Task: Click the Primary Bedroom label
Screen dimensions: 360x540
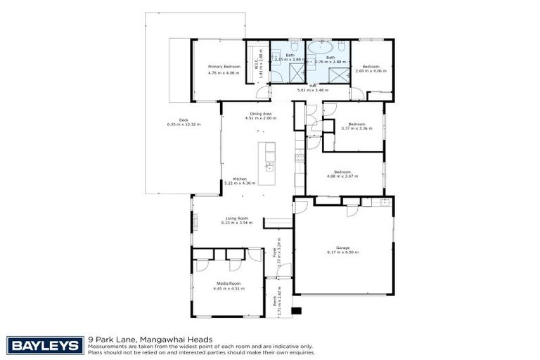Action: [x=224, y=66]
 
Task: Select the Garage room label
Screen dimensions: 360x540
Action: [x=342, y=247]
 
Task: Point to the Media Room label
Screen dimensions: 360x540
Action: [x=228, y=283]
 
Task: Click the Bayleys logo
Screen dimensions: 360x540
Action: [x=45, y=345]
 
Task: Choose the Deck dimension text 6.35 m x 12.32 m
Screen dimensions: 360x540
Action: [x=184, y=124]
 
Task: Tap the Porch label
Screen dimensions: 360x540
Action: [x=274, y=301]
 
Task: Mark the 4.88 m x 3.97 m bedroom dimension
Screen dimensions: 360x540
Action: [x=342, y=176]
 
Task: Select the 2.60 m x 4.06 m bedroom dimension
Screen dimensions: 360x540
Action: [x=371, y=71]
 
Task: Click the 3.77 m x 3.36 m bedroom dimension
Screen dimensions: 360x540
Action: [x=358, y=129]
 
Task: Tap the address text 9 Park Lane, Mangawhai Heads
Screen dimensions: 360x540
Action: [x=150, y=339]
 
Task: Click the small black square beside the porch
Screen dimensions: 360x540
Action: [x=296, y=310]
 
